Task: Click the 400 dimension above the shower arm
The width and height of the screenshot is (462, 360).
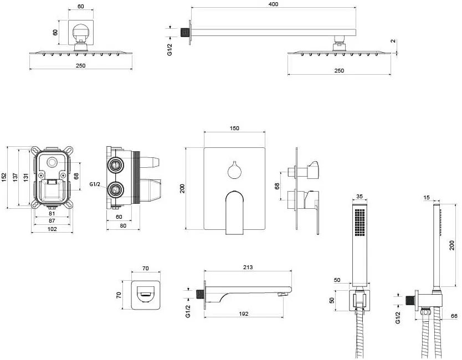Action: pyautogui.click(x=273, y=4)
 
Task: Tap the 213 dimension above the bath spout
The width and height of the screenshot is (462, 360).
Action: pyautogui.click(x=248, y=267)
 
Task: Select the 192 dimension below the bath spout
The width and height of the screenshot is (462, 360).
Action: pyautogui.click(x=244, y=313)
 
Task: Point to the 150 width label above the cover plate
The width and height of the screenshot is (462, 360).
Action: pyautogui.click(x=234, y=128)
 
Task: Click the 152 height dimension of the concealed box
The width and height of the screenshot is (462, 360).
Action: pyautogui.click(x=3, y=177)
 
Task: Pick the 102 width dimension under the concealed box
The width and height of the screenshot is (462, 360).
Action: pyautogui.click(x=52, y=229)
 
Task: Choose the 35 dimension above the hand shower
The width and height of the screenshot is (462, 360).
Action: pyautogui.click(x=360, y=196)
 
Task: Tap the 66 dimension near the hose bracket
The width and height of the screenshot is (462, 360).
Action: pyautogui.click(x=454, y=316)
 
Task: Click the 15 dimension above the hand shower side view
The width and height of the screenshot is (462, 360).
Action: pyautogui.click(x=427, y=197)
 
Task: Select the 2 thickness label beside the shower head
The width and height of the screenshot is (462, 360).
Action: pyautogui.click(x=393, y=41)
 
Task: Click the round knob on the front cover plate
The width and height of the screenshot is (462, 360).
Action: pyautogui.click(x=234, y=172)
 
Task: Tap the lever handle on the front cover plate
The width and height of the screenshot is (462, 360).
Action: pyautogui.click(x=234, y=213)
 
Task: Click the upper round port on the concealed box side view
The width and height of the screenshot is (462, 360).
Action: pyautogui.click(x=115, y=165)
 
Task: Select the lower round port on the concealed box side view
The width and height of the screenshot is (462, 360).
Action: pyautogui.click(x=115, y=189)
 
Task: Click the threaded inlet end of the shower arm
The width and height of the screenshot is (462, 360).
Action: pyautogui.click(x=184, y=33)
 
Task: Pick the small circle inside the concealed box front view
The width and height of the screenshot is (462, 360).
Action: pyautogui.click(x=53, y=162)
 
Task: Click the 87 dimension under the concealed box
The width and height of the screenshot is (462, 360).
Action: pyautogui.click(x=52, y=220)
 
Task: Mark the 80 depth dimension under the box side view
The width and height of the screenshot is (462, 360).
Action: pyautogui.click(x=123, y=225)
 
